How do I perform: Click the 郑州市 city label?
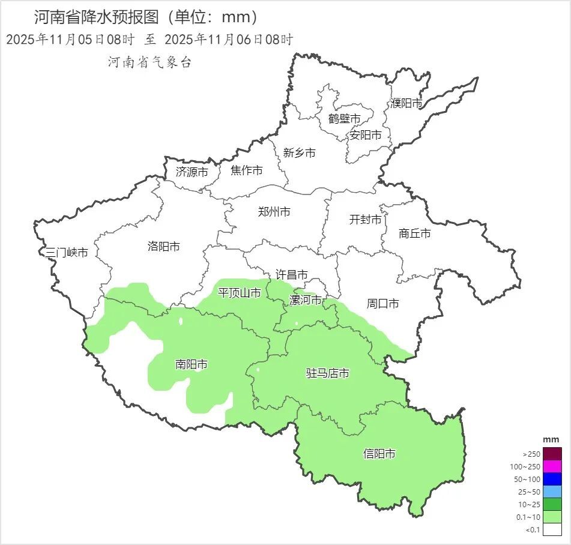(274, 212)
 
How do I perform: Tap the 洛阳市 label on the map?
(163, 246)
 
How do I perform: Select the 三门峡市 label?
(67, 253)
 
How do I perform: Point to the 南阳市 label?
(192, 364)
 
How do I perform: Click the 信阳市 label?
(379, 454)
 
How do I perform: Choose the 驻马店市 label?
(327, 373)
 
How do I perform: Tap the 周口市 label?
(382, 304)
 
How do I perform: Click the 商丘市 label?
(414, 233)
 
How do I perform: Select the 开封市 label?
(365, 220)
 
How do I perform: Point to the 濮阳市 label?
(406, 103)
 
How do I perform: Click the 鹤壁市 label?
(344, 119)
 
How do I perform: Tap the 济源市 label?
(192, 172)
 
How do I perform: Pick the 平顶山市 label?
(239, 293)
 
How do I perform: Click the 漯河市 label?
(306, 300)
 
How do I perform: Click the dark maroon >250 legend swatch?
(552, 454)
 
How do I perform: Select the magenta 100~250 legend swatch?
(552, 466)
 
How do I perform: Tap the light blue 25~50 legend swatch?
(552, 492)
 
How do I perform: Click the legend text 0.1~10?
(528, 517)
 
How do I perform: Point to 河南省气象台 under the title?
(150, 62)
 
